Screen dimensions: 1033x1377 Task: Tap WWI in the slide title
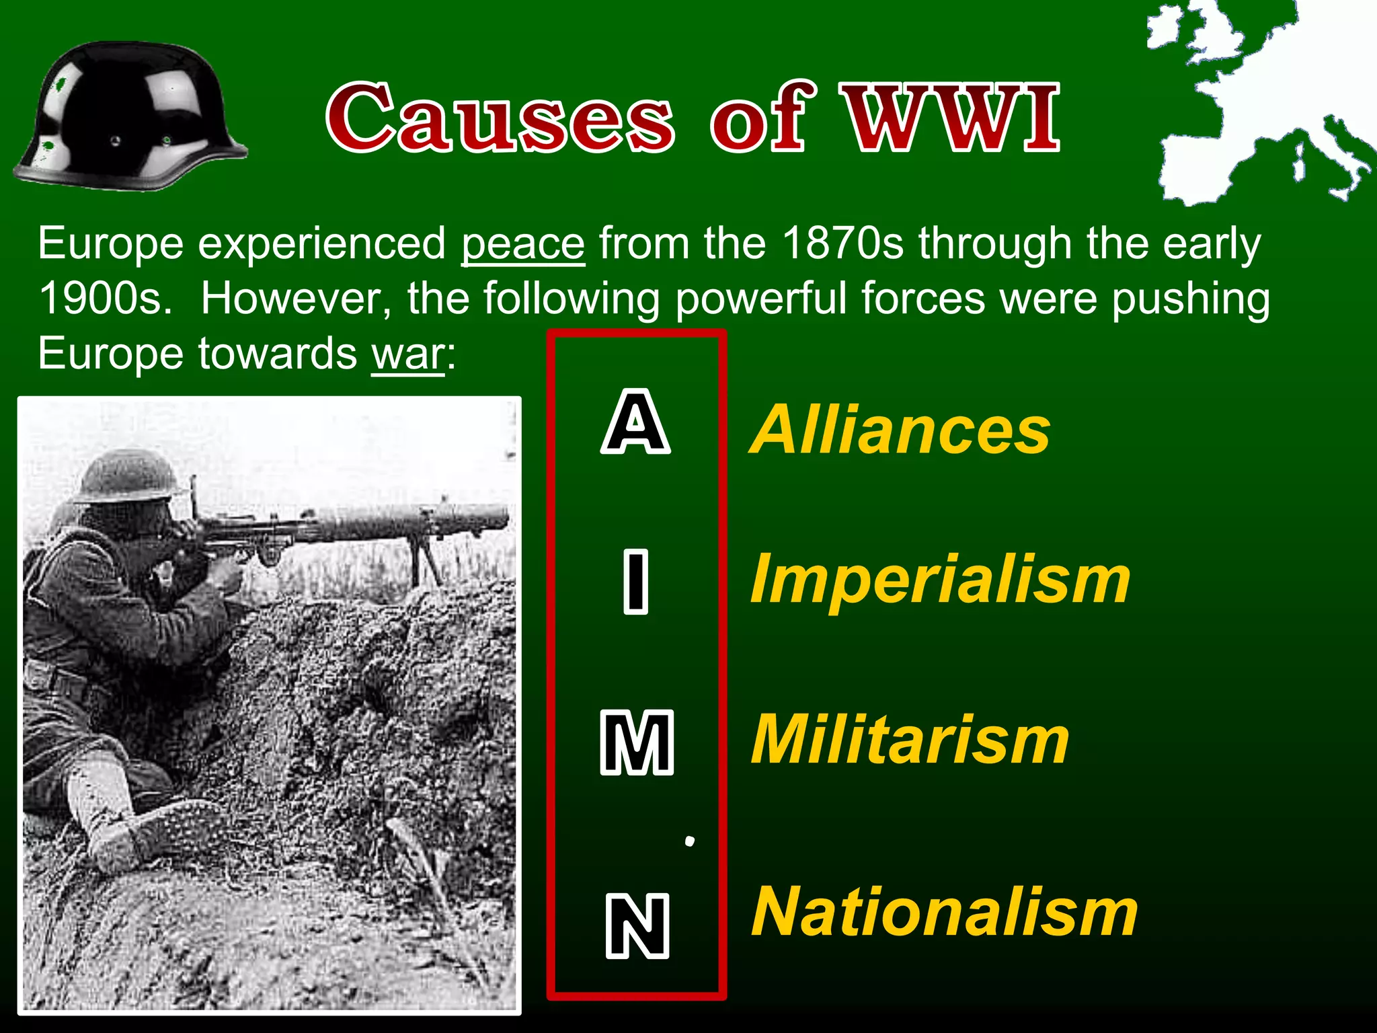coord(951,118)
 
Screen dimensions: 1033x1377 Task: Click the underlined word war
coord(408,354)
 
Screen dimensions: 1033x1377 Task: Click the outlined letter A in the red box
coord(635,422)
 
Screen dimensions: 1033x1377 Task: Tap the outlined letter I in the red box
coord(636,582)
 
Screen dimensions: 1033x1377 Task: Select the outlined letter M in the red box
coord(636,742)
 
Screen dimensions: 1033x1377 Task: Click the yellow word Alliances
coord(900,430)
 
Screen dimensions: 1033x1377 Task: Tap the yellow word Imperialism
coord(940,580)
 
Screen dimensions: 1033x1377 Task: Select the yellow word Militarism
coord(910,740)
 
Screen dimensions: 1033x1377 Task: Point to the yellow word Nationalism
coord(944,912)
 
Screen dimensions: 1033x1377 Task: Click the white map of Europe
coord(1251,101)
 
